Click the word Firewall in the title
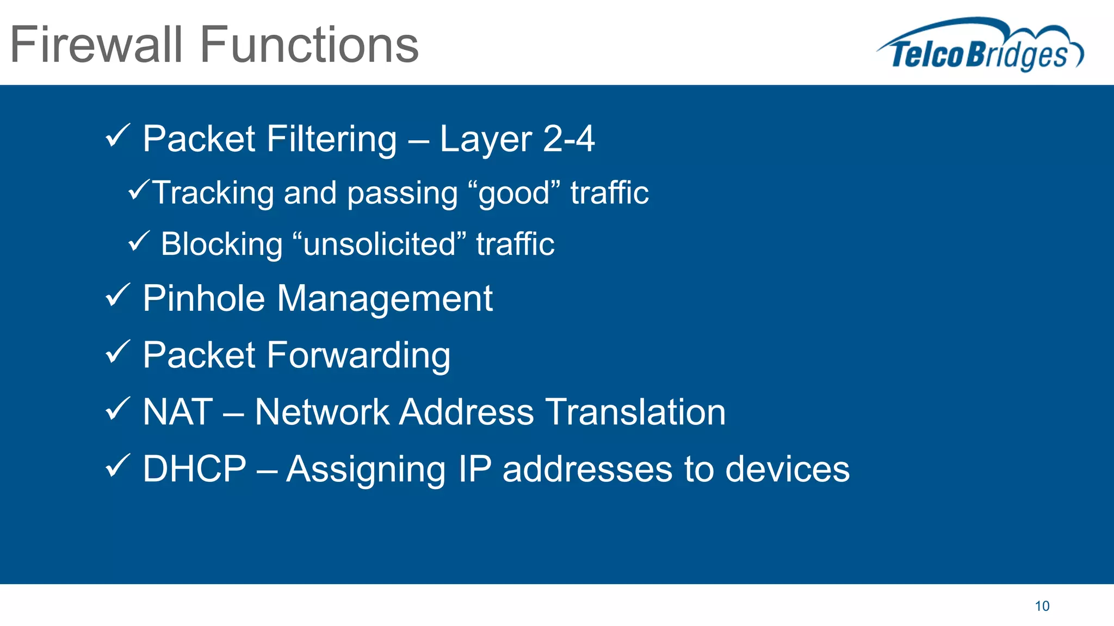click(x=96, y=45)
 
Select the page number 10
click(x=1042, y=606)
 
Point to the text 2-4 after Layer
click(x=568, y=139)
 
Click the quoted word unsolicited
click(x=379, y=244)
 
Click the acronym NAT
click(x=177, y=412)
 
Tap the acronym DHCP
click(x=194, y=468)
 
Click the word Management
click(x=385, y=298)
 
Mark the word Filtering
click(x=332, y=139)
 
